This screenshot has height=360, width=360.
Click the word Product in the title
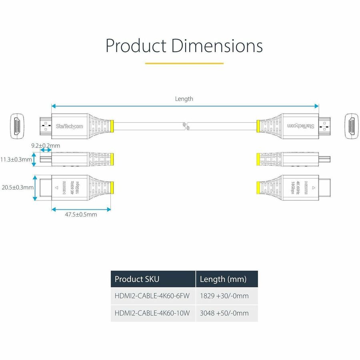[x=136, y=46]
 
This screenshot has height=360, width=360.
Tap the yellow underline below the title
[x=184, y=63]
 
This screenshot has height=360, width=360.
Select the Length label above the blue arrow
[x=184, y=99]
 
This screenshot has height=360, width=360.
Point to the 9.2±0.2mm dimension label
[x=46, y=146]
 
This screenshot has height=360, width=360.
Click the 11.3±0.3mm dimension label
[x=16, y=160]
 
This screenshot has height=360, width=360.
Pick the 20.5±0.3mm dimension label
[x=17, y=187]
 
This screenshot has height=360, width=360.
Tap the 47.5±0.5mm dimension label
[x=81, y=214]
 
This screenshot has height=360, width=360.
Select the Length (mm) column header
[x=223, y=279]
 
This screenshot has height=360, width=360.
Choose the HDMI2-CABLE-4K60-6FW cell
[x=152, y=296]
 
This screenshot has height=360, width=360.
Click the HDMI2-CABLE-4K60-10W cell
[x=152, y=313]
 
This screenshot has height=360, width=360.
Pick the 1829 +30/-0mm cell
[x=224, y=296]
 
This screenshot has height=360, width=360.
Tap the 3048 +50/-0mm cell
[x=224, y=313]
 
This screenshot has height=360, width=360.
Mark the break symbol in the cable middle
[x=185, y=126]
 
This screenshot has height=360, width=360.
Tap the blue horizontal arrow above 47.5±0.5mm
[x=81, y=208]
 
